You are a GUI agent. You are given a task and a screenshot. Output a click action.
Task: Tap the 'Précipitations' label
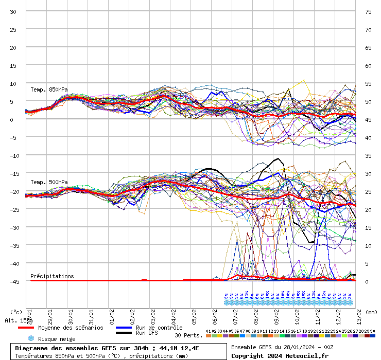(x=52, y=276)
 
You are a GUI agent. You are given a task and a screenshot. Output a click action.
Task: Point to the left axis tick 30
(x=13, y=11)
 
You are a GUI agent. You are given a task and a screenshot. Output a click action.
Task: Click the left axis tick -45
(x=13, y=281)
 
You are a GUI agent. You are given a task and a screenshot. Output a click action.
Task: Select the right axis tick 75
(x=368, y=11)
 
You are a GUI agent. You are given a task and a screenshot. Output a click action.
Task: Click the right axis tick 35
(x=368, y=155)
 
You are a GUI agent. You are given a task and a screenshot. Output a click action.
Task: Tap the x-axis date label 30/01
(x=71, y=313)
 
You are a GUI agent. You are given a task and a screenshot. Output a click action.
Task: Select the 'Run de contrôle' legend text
(x=159, y=328)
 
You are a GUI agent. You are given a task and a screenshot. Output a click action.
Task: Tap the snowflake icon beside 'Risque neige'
(x=30, y=338)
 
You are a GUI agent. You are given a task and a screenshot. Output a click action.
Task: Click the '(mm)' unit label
(x=372, y=312)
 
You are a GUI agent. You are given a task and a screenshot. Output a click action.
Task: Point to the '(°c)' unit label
(x=16, y=312)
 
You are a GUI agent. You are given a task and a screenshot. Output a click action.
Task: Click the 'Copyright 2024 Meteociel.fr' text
(x=280, y=355)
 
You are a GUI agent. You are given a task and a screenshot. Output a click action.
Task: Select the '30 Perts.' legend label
(x=188, y=335)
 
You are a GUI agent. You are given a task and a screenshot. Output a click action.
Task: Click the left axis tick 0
(x=13, y=119)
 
